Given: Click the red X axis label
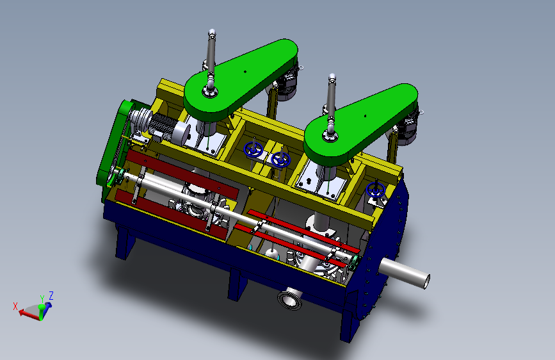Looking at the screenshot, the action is [15, 306].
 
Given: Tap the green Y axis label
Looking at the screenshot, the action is [42, 299].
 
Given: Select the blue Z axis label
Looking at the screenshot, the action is [51, 295].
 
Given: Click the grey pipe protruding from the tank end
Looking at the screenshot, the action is [405, 272].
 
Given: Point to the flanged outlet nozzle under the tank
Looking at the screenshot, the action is [290, 299].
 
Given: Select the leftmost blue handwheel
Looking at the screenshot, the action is [252, 149].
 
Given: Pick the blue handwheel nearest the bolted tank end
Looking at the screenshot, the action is [376, 190].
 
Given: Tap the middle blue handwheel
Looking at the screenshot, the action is [280, 160].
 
